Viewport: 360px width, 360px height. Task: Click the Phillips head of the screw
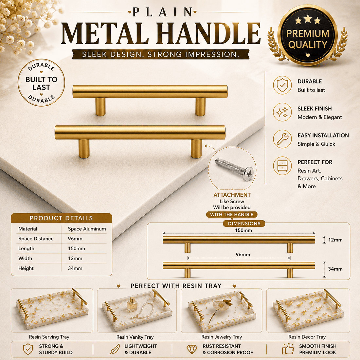(248, 173)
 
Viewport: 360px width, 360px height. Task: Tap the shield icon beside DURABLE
(282, 85)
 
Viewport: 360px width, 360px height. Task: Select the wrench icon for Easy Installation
(282, 139)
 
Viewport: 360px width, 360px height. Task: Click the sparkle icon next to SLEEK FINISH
(282, 112)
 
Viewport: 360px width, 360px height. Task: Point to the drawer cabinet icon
(282, 166)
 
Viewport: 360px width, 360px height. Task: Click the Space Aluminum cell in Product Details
(87, 229)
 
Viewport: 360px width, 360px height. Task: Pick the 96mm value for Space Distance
(75, 239)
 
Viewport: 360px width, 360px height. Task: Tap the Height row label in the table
(26, 268)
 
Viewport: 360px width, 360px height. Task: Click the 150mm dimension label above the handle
(243, 230)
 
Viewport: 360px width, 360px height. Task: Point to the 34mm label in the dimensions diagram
(335, 269)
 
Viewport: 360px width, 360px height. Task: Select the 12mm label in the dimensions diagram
(335, 240)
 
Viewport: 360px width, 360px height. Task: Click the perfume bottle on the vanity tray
(133, 304)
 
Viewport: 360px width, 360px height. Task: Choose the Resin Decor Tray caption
(307, 337)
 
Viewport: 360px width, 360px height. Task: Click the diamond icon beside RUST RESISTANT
(192, 349)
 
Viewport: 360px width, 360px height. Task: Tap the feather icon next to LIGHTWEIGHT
(114, 349)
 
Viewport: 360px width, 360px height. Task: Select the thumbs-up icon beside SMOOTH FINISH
(288, 349)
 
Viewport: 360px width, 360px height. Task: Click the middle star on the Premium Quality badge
(308, 19)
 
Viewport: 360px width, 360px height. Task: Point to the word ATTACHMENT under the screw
(232, 195)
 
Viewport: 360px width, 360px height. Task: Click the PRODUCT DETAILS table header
(61, 218)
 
